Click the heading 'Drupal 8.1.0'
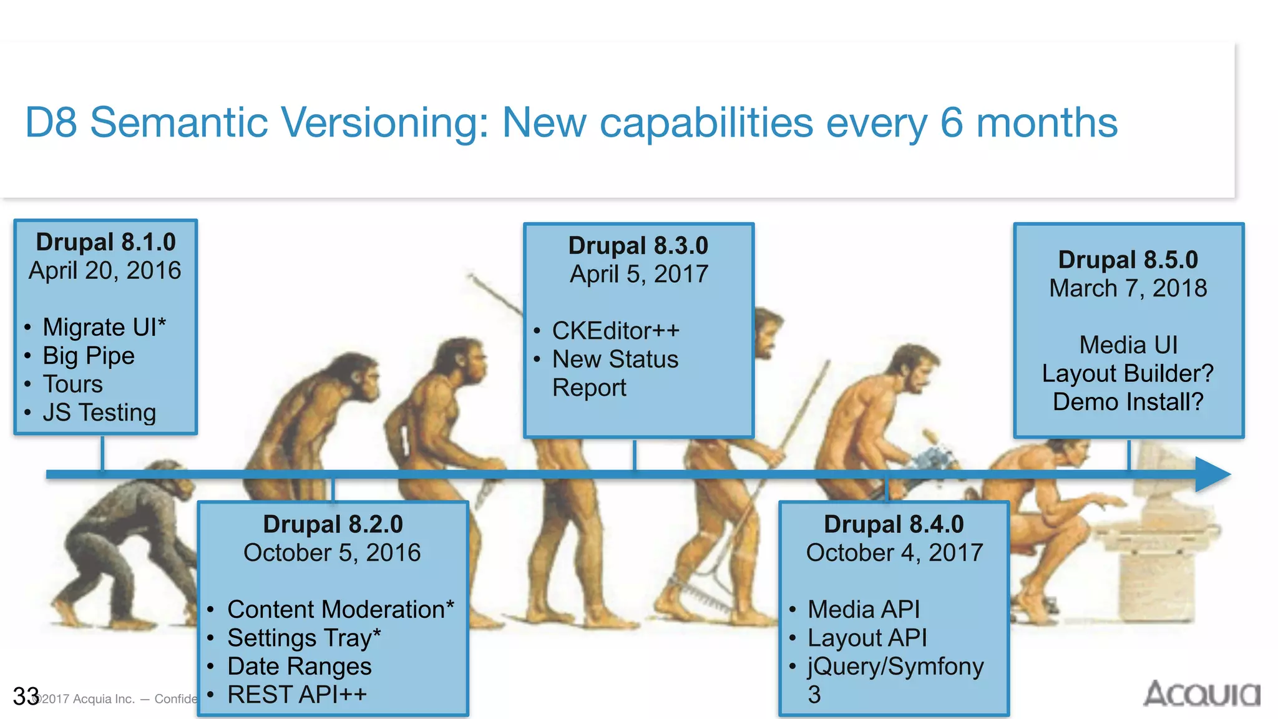pos(105,242)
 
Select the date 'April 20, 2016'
pos(105,271)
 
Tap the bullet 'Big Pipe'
pos(88,356)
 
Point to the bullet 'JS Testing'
pos(99,413)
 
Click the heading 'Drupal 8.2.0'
pos(333,524)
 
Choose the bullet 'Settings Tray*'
pos(304,638)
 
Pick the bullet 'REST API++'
pos(297,695)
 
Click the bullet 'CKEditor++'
pos(615,331)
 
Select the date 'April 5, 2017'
pos(638,274)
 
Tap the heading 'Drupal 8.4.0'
pos(894,524)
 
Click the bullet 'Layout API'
pos(867,638)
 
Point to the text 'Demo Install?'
pos(1128,402)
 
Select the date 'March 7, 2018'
pos(1128,288)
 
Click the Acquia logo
pos(1201,694)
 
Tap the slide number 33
pos(26,697)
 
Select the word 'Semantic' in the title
pos(179,122)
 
